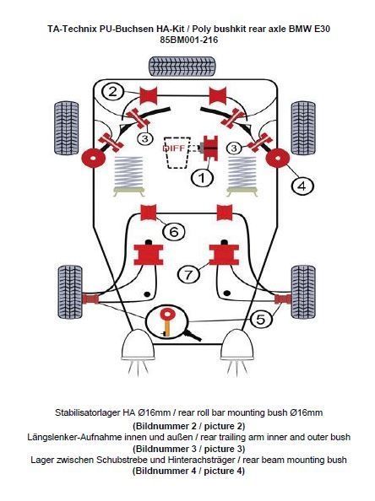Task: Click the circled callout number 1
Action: tap(202, 177)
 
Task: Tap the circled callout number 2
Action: tap(112, 92)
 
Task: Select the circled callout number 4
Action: tap(302, 186)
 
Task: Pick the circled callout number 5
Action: tap(261, 319)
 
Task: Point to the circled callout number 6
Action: tap(174, 231)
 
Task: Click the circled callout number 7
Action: tap(188, 274)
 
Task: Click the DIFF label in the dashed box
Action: tap(174, 148)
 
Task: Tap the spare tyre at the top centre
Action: tap(182, 66)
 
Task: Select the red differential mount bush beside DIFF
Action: tap(210, 148)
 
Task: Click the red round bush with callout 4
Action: tap(277, 159)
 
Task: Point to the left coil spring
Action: tap(128, 172)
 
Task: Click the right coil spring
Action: tap(242, 172)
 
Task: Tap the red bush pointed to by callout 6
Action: tap(149, 213)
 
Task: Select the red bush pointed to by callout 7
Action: tap(224, 255)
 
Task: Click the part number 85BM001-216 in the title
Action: tap(189, 40)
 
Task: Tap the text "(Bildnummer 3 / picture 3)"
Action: tap(189, 449)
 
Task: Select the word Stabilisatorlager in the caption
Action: tap(87, 412)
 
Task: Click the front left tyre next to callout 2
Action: tap(67, 128)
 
